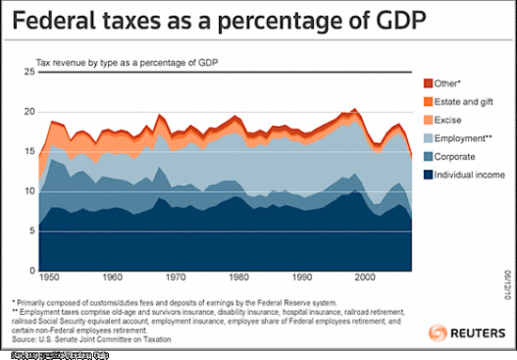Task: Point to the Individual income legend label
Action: (469, 175)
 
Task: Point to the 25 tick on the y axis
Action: (28, 72)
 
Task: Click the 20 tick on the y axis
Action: (28, 112)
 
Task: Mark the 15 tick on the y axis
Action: (28, 151)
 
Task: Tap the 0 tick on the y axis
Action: (31, 268)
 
